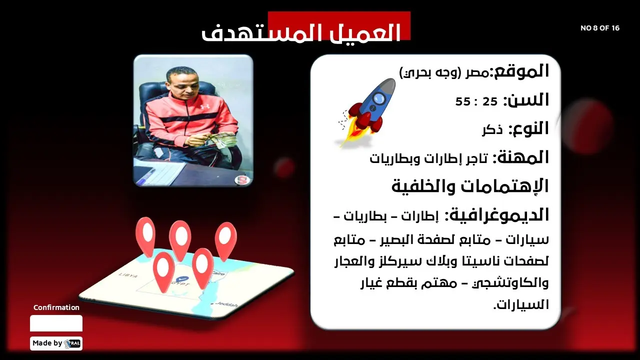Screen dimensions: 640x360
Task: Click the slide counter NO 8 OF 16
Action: (599, 28)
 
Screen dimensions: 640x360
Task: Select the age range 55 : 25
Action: (476, 101)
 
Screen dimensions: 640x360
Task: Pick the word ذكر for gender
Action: (492, 130)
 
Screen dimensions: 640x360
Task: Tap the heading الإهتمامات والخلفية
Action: (470, 186)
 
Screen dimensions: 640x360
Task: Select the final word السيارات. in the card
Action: (521, 304)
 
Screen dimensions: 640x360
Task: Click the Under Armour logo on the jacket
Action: (204, 107)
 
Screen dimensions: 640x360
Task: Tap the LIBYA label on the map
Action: (128, 275)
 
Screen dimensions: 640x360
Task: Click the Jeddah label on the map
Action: (226, 304)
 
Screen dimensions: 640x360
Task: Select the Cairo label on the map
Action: (218, 273)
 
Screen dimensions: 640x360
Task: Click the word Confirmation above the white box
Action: (56, 307)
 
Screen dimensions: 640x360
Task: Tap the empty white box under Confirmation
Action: (56, 323)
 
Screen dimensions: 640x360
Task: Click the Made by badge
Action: (56, 343)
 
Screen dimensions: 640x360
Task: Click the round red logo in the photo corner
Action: (242, 180)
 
